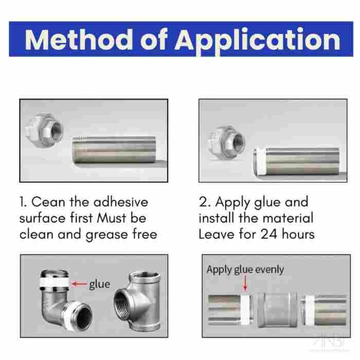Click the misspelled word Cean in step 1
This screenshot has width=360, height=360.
pos(48,202)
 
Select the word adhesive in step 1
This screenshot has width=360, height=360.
pos(121,202)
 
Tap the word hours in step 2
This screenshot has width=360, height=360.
pos(298,234)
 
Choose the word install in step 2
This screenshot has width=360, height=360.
pos(217,218)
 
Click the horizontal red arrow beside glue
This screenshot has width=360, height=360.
pos(80,284)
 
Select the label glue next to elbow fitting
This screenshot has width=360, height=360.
pos(100,285)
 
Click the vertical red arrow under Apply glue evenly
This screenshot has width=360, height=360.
pos(245,283)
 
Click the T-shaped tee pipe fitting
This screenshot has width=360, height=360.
pos(138,301)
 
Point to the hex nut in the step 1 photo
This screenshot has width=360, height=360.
pos(44,131)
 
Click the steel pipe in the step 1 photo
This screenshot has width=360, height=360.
pos(114,150)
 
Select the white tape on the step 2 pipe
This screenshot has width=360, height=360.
pos(259,162)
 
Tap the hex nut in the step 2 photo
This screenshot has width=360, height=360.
pos(226,142)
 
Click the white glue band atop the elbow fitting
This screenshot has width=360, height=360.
pos(55,282)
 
